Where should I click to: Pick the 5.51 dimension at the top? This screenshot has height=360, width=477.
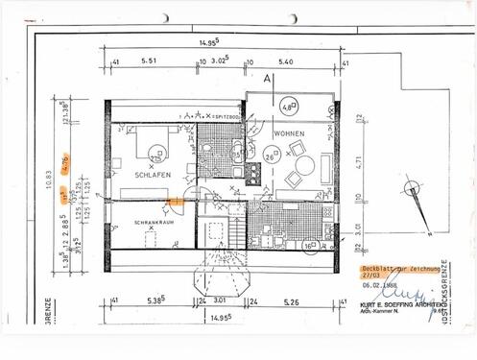148,60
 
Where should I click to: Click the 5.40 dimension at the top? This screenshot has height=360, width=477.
284,60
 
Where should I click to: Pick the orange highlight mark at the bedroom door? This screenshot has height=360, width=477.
175,202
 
